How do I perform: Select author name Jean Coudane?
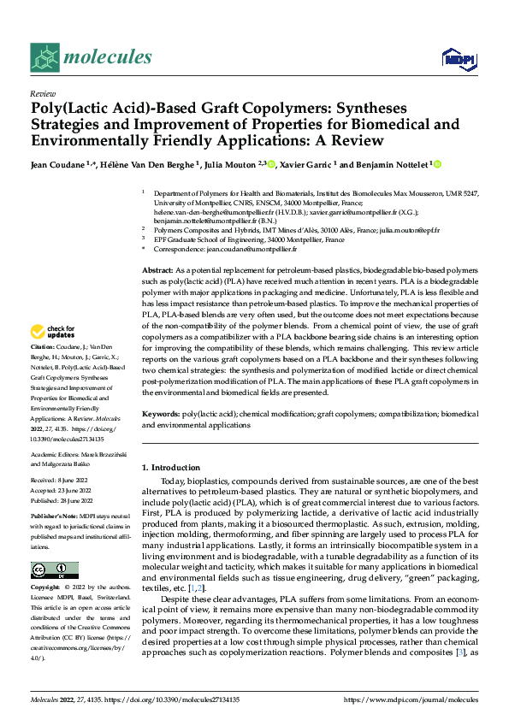pyautogui.click(x=60, y=163)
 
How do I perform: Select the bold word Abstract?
pyautogui.click(x=158, y=269)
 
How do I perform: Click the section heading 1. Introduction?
pyautogui.click(x=170, y=468)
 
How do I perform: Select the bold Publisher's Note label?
pyautogui.click(x=54, y=518)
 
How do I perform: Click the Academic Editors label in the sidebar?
pyautogui.click(x=57, y=456)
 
